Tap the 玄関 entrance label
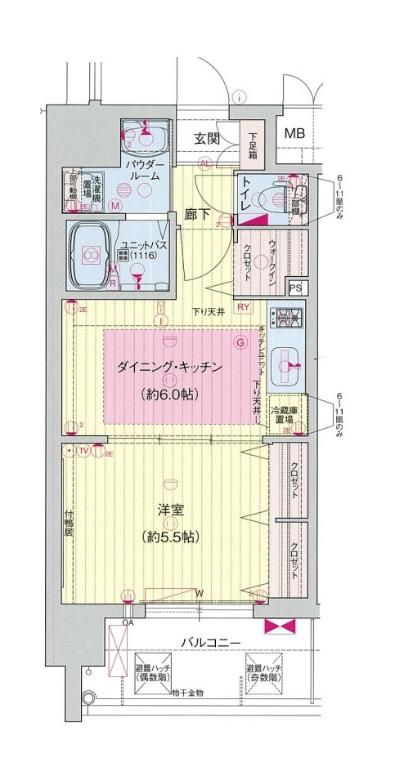point(207,138)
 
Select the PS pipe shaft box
point(295,288)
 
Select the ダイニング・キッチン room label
point(170,368)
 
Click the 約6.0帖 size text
point(170,394)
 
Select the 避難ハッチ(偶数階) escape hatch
point(152,672)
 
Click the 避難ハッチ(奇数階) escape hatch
point(264,672)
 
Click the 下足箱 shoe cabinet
point(253,145)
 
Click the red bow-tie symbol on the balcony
point(279,626)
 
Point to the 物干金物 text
point(187,693)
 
